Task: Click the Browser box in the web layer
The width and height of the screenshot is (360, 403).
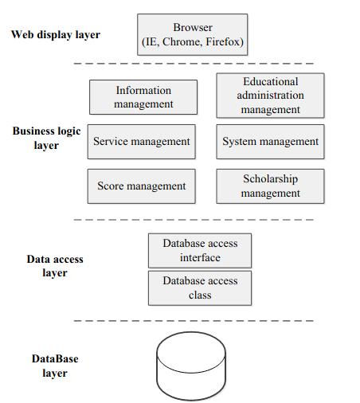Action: [x=193, y=35]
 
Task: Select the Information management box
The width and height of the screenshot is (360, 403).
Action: [x=143, y=97]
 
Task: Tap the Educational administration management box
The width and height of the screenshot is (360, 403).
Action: [x=270, y=96]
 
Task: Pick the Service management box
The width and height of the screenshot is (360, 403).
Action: [x=142, y=142]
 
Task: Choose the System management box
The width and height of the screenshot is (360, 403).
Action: [x=270, y=142]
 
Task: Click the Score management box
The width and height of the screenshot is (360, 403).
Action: [x=142, y=186]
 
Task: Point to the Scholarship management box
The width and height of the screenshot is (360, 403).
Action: [x=270, y=186]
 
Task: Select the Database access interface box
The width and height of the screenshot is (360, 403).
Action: [x=200, y=251]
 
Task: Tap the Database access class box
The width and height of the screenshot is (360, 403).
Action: [x=200, y=288]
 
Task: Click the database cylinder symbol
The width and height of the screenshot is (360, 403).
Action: [x=191, y=366]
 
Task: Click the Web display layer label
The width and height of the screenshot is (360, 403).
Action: [x=56, y=35]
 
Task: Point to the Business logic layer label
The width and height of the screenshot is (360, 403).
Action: [x=46, y=138]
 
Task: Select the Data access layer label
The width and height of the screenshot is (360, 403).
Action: [x=55, y=266]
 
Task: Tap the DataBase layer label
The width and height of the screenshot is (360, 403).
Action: [x=55, y=366]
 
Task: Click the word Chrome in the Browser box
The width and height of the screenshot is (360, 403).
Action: [x=181, y=41]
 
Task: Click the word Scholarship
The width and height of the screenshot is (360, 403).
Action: [x=270, y=179]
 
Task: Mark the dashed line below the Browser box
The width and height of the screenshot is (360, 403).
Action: [x=194, y=64]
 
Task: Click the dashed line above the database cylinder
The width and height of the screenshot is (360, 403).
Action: [x=194, y=321]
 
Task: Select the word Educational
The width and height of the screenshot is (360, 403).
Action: [x=271, y=81]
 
